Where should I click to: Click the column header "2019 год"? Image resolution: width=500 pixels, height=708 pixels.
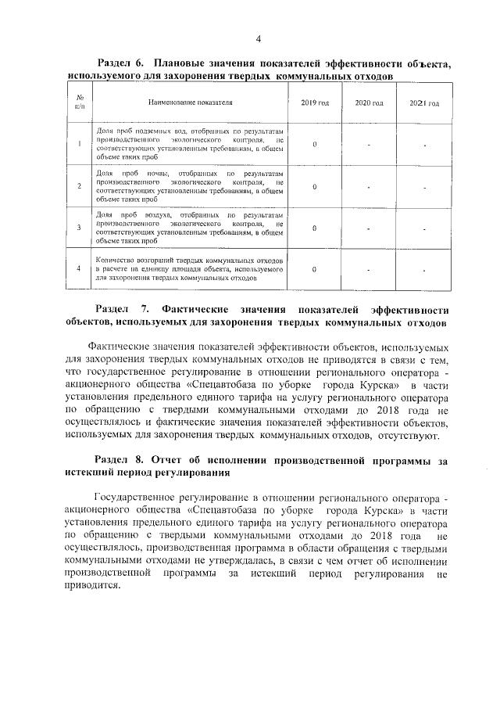click(315, 102)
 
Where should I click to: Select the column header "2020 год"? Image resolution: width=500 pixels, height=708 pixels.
click(369, 102)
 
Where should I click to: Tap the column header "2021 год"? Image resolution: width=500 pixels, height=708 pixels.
click(424, 103)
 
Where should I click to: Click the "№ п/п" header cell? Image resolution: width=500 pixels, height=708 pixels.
click(80, 102)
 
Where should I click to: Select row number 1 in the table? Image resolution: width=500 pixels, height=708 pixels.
click(80, 144)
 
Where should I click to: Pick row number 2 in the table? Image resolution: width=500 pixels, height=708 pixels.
click(80, 186)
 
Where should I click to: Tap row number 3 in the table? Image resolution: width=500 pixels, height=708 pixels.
click(80, 228)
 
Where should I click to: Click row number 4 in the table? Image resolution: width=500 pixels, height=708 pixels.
click(80, 269)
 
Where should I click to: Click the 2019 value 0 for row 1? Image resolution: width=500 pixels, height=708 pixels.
click(314, 144)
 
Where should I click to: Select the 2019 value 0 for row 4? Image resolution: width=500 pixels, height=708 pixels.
click(314, 269)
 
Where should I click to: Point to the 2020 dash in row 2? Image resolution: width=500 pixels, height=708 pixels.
click(369, 186)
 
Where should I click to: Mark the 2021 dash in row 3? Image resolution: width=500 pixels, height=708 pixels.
click(424, 228)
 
